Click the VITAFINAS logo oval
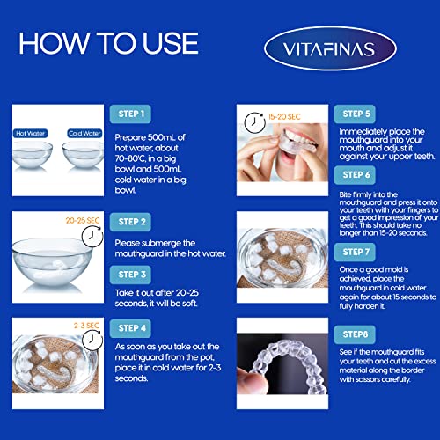point(330,48)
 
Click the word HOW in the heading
point(54,43)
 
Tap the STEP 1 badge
point(130,114)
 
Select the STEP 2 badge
point(130,222)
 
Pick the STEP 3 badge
point(130,275)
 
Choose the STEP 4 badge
point(130,328)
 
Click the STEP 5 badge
point(355,114)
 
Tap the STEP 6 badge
point(355,175)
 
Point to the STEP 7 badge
point(355,252)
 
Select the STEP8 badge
point(355,334)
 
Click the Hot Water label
point(30,134)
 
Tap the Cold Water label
point(84,134)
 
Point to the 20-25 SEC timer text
point(83,220)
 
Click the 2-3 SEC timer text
point(86,326)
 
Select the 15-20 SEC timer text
point(284,117)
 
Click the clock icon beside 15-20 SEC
point(254,123)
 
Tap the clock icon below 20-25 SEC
point(92,237)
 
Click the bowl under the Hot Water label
point(32,155)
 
